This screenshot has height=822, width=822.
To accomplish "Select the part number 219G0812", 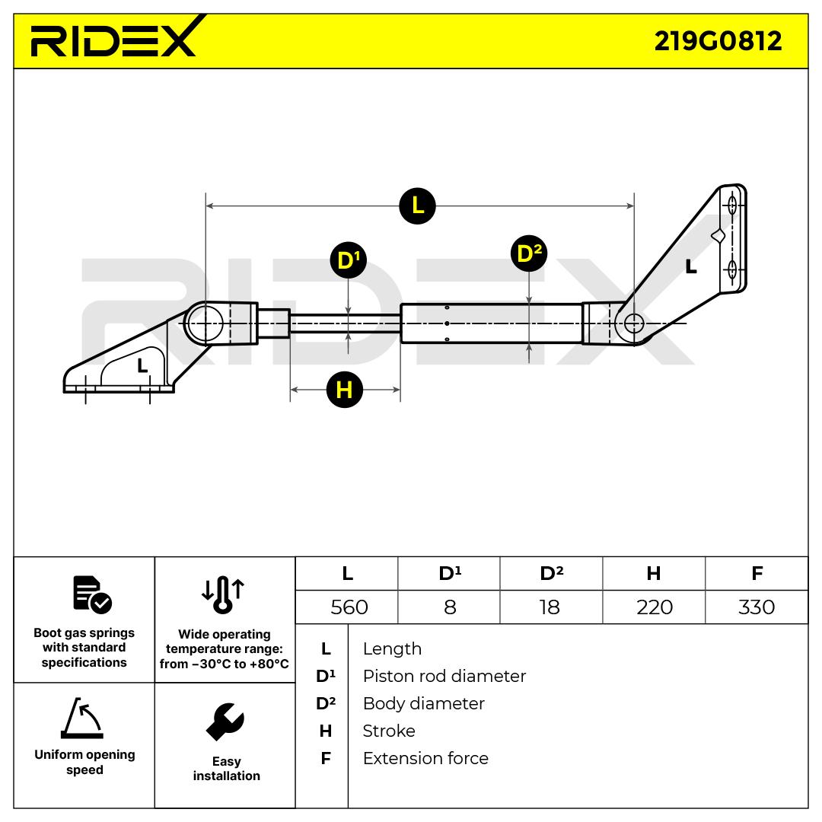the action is click(x=718, y=41).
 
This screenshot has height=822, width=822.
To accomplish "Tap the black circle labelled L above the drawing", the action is click(x=417, y=205).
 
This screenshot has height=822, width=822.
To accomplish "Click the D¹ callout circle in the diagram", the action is click(x=348, y=261).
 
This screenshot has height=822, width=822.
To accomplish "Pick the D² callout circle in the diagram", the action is click(x=529, y=253).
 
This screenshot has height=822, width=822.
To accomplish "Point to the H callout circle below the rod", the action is click(x=344, y=390).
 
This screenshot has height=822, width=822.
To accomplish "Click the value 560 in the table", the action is click(x=349, y=607).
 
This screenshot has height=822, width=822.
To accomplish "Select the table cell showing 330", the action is click(x=757, y=607).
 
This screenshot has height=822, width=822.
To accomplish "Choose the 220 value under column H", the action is click(x=655, y=607).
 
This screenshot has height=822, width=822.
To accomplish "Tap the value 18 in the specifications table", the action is click(x=549, y=607).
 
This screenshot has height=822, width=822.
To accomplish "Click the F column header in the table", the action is click(x=757, y=573).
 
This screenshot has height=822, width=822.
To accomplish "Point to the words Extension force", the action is click(x=425, y=758).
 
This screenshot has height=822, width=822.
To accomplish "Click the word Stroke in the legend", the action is click(x=389, y=731).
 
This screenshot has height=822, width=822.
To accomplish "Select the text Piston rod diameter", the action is click(x=444, y=676).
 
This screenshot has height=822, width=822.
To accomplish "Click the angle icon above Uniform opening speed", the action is click(x=81, y=718).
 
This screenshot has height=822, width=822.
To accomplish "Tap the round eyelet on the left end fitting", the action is click(x=205, y=323).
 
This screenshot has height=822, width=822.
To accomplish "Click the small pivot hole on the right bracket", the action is click(x=633, y=323).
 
